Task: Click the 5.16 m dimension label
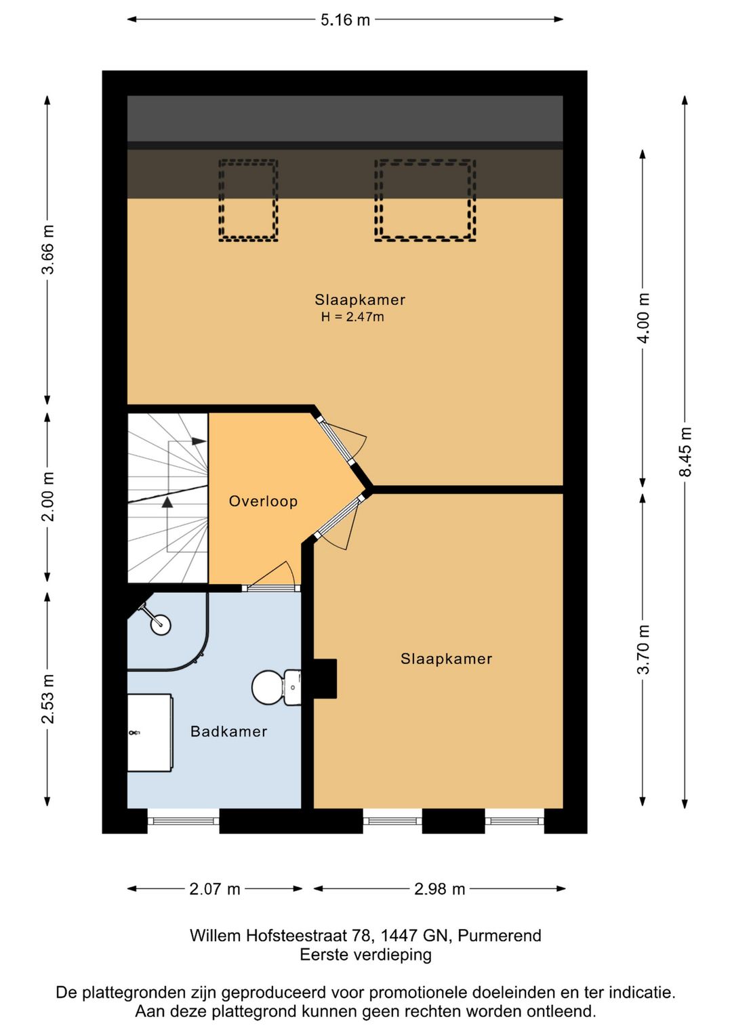click(345, 20)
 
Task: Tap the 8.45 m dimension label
click(685, 451)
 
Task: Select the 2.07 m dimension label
click(215, 888)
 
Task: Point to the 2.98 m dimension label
click(439, 888)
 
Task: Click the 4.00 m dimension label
click(643, 318)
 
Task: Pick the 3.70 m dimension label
click(643, 650)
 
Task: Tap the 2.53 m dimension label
click(47, 699)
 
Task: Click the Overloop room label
click(263, 501)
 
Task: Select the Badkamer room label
click(228, 731)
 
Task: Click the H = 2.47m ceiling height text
click(352, 316)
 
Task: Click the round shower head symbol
click(161, 625)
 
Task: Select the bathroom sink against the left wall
click(150, 732)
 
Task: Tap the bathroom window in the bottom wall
click(184, 821)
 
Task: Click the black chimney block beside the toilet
click(325, 678)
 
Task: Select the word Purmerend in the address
click(500, 936)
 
